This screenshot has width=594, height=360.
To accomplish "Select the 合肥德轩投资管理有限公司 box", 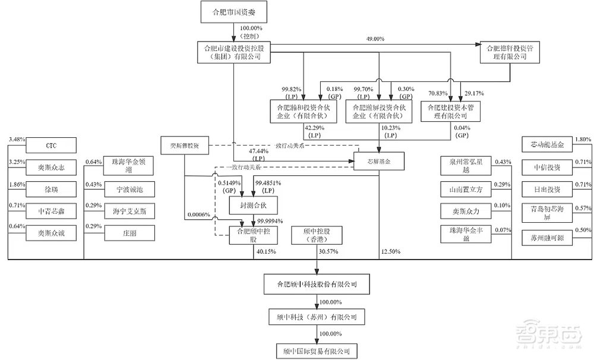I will coord(510,52).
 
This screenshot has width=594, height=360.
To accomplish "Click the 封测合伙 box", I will coord(252,205).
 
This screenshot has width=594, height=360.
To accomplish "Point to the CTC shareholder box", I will coord(50,144).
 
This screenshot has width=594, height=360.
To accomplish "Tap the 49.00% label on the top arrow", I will coord(375,39).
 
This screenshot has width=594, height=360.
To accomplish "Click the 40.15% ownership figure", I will coord(264,251).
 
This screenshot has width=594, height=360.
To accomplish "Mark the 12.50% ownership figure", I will coord(391,251).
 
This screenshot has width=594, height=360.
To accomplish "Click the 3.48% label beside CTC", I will coord(16,140).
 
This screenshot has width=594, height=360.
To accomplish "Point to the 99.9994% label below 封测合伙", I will coord(261,220).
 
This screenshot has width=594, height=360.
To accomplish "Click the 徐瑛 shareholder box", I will coord(50,188).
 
